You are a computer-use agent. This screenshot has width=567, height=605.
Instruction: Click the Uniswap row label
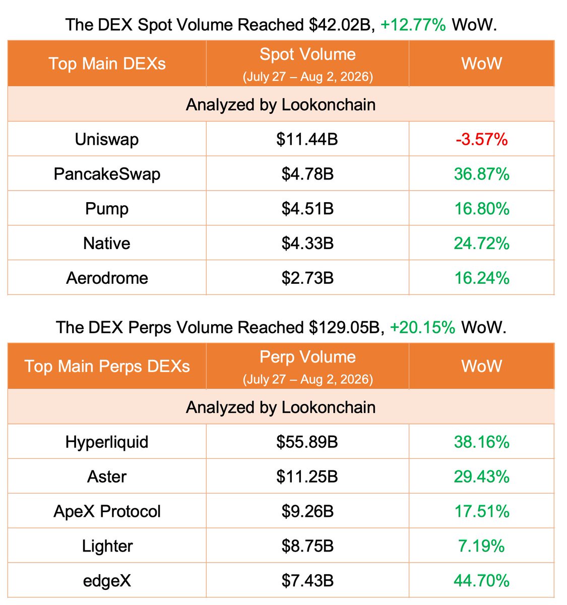point(107,140)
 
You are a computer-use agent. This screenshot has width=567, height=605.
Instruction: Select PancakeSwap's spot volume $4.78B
point(307,174)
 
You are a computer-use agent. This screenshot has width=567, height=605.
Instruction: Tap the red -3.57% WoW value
point(482,140)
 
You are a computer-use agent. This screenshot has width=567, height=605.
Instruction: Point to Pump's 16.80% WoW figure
point(482,209)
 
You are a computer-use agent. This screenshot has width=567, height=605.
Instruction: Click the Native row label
point(107,244)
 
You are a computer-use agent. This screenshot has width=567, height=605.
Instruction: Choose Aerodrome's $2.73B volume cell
point(307,278)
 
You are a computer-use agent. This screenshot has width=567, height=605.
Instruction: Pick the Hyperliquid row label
point(107,442)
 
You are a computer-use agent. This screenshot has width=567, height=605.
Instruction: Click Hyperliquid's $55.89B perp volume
point(307,442)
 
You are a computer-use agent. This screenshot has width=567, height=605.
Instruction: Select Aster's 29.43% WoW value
point(482,476)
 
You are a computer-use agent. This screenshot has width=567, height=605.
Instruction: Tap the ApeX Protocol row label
point(107,511)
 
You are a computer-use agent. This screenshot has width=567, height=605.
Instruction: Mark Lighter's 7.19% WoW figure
point(482,546)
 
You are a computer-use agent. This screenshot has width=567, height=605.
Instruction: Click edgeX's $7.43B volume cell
point(307,580)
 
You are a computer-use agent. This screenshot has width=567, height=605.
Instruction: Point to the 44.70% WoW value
point(482,580)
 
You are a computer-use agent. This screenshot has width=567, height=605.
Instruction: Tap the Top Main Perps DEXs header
point(107,366)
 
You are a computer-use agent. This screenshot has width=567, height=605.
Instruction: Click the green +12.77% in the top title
point(413,25)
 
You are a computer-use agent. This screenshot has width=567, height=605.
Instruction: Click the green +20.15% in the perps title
point(422,328)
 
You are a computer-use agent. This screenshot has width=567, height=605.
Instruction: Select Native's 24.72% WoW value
point(482,244)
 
